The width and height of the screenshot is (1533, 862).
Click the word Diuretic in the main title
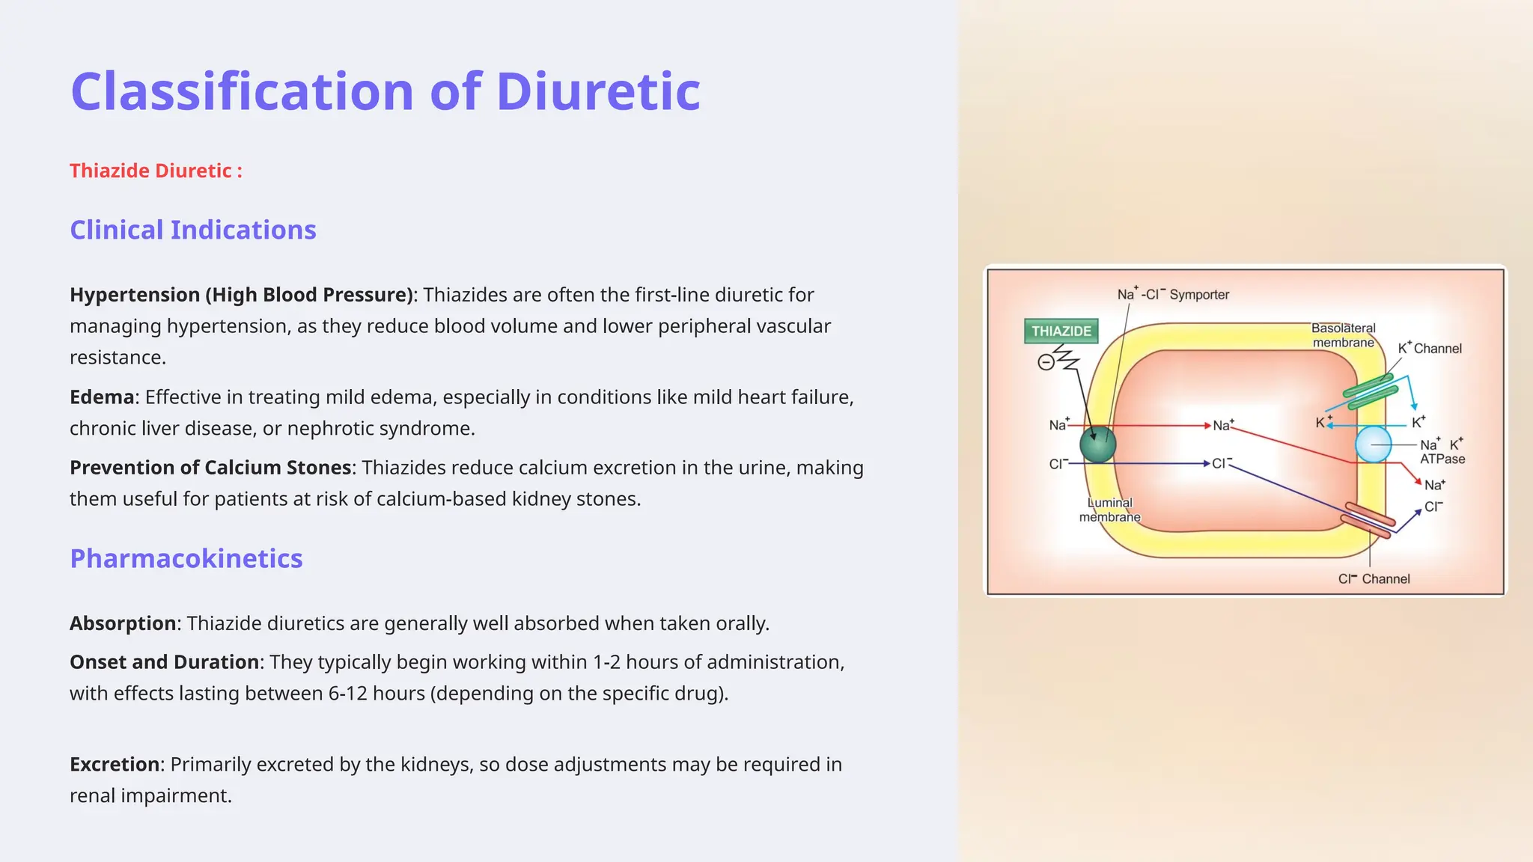597,91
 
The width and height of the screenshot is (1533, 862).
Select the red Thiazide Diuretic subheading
156,171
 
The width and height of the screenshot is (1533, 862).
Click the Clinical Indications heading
193,230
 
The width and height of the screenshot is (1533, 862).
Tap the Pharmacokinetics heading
186,558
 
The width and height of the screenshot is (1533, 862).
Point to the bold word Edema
102,397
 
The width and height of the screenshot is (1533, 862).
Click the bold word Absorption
123,623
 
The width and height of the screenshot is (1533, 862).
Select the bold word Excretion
115,764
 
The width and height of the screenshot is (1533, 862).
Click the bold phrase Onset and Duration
164,662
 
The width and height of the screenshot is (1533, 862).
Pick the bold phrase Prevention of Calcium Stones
210,468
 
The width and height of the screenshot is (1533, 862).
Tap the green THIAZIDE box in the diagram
1061,331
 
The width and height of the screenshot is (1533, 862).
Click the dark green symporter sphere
1097,444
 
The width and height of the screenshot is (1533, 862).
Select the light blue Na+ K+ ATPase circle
1373,444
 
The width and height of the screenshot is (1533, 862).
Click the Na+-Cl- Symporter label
1173,294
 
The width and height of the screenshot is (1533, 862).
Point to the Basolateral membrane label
1343,335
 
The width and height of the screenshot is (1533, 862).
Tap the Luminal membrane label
1109,510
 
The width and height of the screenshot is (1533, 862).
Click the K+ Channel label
1430,348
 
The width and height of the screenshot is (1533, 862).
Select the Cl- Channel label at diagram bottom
1374,578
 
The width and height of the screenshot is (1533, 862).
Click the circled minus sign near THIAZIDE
1046,363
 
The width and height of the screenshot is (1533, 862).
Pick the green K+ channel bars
1370,391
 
